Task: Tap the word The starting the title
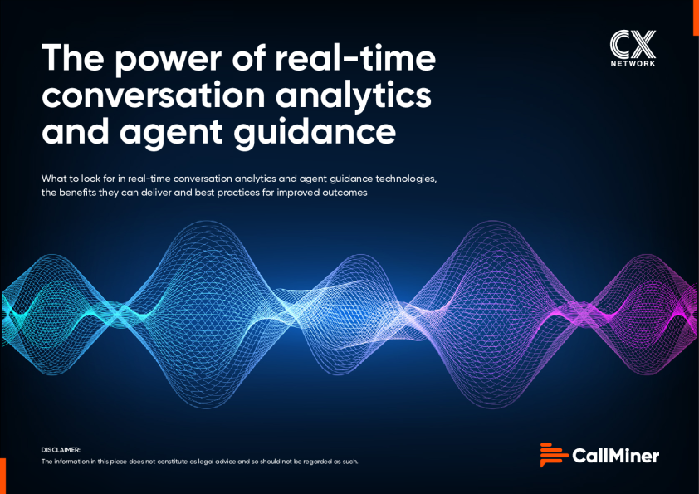tap(73, 57)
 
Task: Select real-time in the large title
tap(355, 57)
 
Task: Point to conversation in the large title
tap(154, 95)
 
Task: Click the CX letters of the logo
tap(633, 44)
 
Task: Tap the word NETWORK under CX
tap(633, 63)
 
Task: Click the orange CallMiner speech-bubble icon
tap(554, 455)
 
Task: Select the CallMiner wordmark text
tap(615, 456)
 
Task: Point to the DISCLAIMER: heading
tap(61, 450)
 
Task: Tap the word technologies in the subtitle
tap(406, 179)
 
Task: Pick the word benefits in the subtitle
tap(77, 193)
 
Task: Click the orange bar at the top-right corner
tap(696, 17)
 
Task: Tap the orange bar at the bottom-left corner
tap(2, 476)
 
